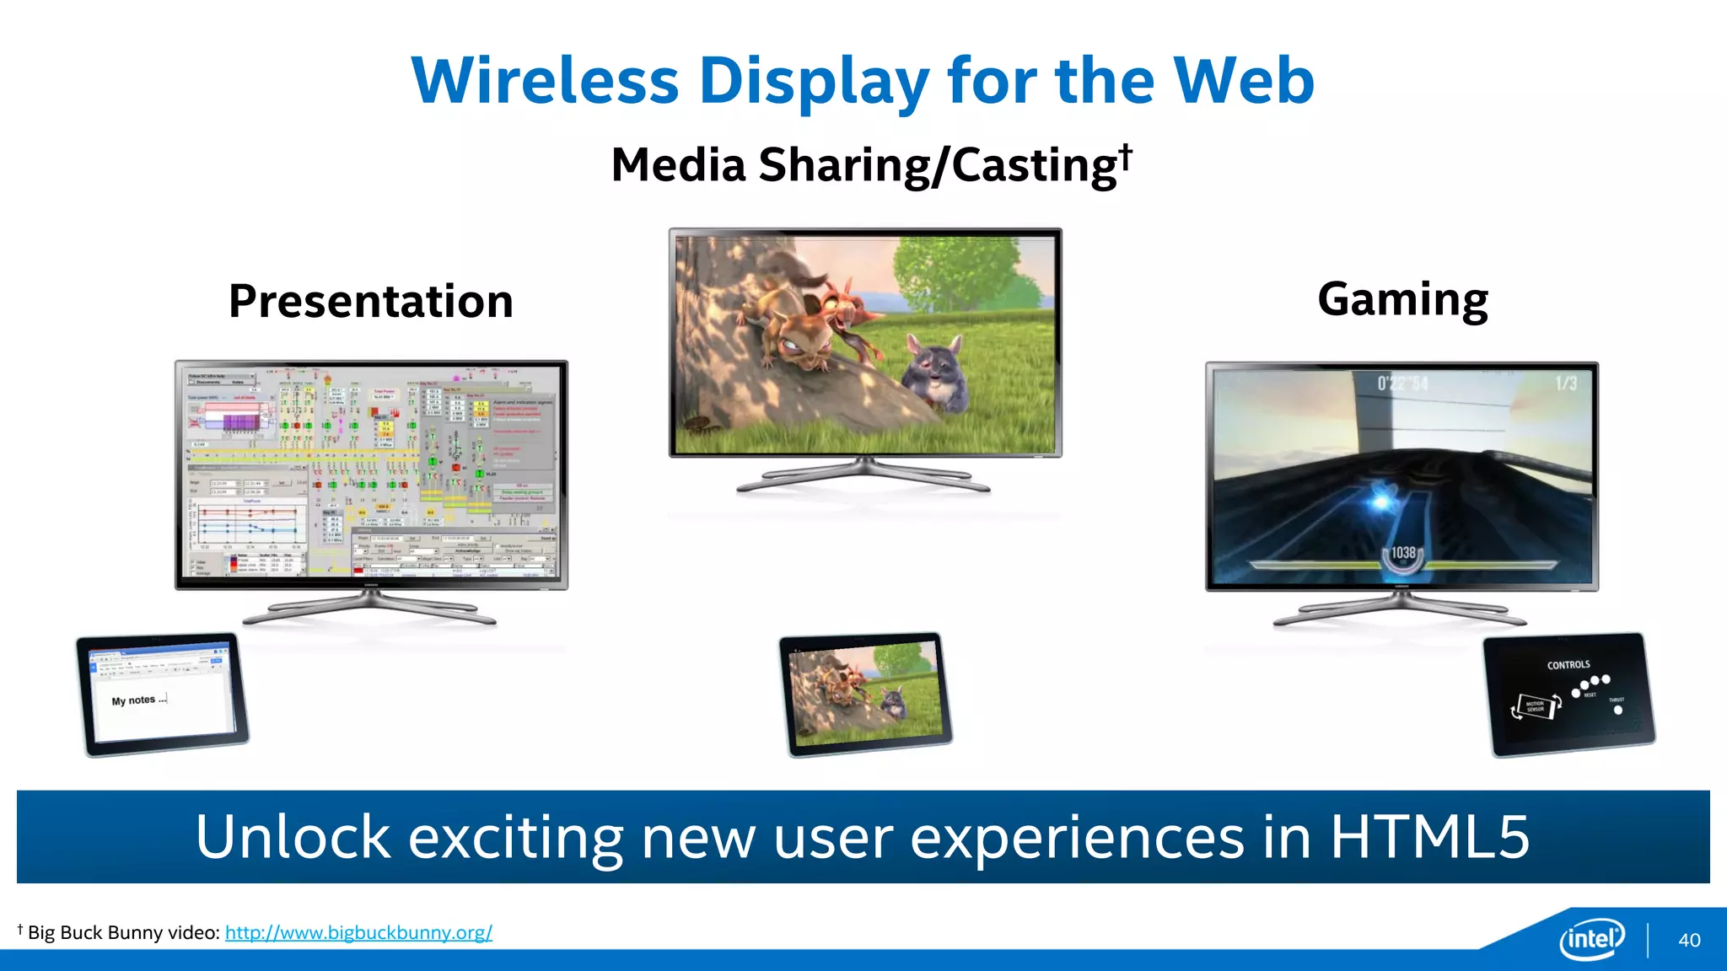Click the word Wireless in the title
click(x=545, y=81)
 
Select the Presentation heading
click(x=371, y=301)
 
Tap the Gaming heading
click(x=1402, y=299)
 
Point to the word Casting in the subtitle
click(x=1034, y=164)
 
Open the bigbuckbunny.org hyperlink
click(x=358, y=932)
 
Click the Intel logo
click(x=1591, y=938)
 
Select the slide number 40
click(x=1689, y=940)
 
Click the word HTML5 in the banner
click(x=1429, y=837)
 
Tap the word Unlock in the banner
click(x=293, y=837)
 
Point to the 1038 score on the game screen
click(x=1403, y=553)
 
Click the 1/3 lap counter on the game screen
click(x=1566, y=384)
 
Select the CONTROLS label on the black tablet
click(x=1568, y=664)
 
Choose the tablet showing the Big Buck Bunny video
click(x=865, y=693)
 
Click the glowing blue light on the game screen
click(x=1381, y=501)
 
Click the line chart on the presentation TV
click(x=250, y=527)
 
